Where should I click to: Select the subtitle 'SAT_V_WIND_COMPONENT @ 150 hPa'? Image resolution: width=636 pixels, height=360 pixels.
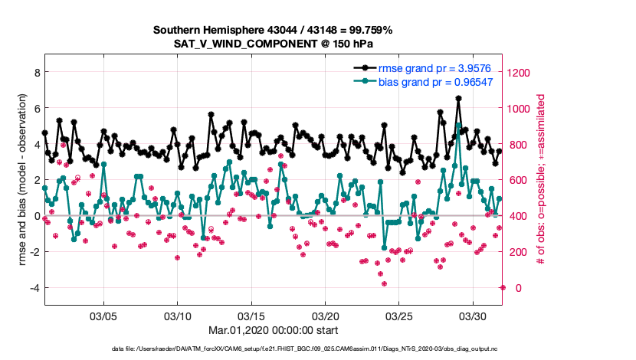click(x=273, y=44)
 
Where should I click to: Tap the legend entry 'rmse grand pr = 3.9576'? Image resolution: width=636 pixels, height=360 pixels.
click(x=435, y=68)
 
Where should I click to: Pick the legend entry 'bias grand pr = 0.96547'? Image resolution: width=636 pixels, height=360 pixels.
click(x=435, y=82)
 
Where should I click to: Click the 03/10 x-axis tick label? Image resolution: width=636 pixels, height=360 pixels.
click(x=178, y=316)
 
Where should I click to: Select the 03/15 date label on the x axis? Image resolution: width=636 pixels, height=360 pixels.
click(x=252, y=316)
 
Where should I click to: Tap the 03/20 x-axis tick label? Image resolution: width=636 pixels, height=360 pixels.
click(x=326, y=316)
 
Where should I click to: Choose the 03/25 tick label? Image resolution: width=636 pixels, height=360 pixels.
click(x=400, y=316)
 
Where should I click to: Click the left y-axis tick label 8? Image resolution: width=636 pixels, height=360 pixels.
click(x=36, y=73)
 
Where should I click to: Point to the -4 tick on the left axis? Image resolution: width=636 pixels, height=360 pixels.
click(x=34, y=288)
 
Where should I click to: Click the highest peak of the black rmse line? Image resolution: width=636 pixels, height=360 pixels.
click(x=458, y=99)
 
